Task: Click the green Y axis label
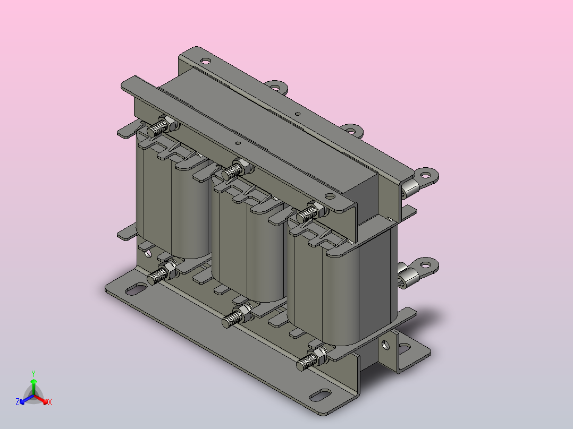tap(33, 373)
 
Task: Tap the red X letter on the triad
tap(50, 402)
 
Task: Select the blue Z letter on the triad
tap(18, 402)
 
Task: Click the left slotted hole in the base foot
tap(136, 289)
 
